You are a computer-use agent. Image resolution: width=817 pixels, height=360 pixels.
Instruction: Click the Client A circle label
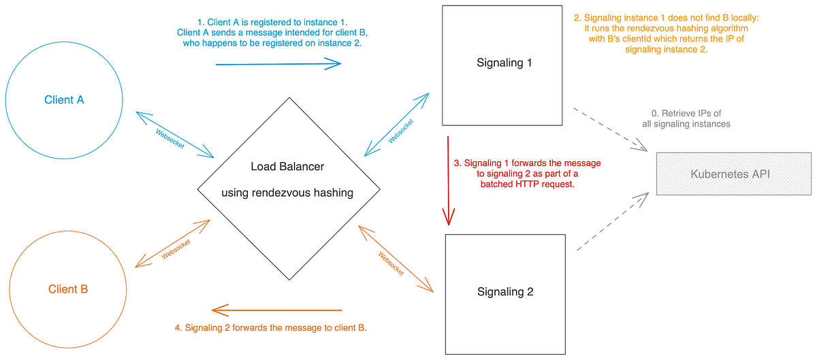pyautogui.click(x=64, y=100)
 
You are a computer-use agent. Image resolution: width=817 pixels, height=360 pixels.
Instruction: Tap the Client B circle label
pyautogui.click(x=68, y=289)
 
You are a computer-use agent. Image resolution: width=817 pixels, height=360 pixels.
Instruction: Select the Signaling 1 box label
pyautogui.click(x=504, y=63)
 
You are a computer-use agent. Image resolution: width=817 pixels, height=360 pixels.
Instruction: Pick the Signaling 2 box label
pyautogui.click(x=504, y=292)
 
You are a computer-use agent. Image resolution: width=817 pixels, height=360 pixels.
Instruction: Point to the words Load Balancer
pyautogui.click(x=287, y=167)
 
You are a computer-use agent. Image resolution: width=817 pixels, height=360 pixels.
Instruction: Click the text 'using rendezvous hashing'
pyautogui.click(x=287, y=193)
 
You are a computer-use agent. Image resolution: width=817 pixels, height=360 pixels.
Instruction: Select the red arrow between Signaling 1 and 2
pyautogui.click(x=448, y=180)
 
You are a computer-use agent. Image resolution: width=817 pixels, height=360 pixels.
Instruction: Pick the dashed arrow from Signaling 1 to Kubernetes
pyautogui.click(x=610, y=129)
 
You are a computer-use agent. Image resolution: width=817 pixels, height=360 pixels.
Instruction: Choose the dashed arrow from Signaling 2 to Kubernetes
pyautogui.click(x=611, y=222)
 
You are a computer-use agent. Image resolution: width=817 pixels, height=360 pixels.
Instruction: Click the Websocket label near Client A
pyautogui.click(x=170, y=138)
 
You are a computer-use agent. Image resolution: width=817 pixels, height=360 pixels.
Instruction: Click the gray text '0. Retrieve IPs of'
pyautogui.click(x=686, y=113)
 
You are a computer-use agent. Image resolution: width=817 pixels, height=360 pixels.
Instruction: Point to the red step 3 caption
pyautogui.click(x=527, y=174)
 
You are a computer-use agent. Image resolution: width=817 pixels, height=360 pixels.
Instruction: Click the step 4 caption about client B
pyautogui.click(x=271, y=328)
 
